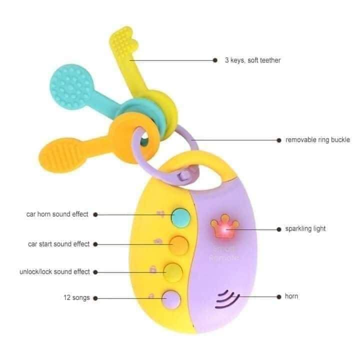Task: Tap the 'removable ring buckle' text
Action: [317, 140]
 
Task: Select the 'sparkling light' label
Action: [305, 228]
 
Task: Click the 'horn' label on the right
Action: [292, 296]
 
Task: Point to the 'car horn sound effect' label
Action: [57, 214]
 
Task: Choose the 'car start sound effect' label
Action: [59, 244]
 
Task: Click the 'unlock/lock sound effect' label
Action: [54, 272]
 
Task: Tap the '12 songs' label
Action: [76, 298]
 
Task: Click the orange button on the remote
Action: [178, 244]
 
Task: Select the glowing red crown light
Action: [220, 227]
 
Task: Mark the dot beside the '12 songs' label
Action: [95, 298]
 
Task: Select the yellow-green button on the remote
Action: [173, 272]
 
